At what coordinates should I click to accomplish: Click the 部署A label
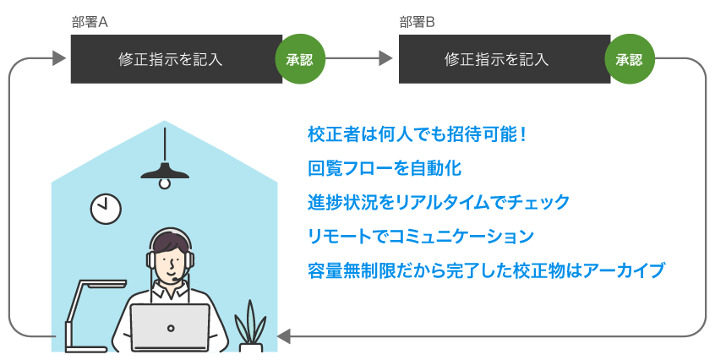coord(90,23)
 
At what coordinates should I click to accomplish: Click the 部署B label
coord(417,23)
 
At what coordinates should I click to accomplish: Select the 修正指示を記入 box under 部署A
coord(172,59)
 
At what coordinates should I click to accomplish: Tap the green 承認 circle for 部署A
coord(299,59)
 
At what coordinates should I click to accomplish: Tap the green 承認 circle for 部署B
coord(629,59)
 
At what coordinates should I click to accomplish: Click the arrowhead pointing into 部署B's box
coord(386,58)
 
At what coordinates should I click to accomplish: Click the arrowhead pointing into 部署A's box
coord(59,58)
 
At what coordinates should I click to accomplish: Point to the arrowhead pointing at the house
coord(285,336)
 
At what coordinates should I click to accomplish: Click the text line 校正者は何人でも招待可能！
coord(418,134)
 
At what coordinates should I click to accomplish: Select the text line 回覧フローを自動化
coord(385,168)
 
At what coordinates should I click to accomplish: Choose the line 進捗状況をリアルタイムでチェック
coord(439,203)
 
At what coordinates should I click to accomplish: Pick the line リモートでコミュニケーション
coord(420,237)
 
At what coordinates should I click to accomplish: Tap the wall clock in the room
coord(106,207)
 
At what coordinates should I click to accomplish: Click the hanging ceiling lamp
coord(166,172)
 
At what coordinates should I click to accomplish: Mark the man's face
coord(171,262)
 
